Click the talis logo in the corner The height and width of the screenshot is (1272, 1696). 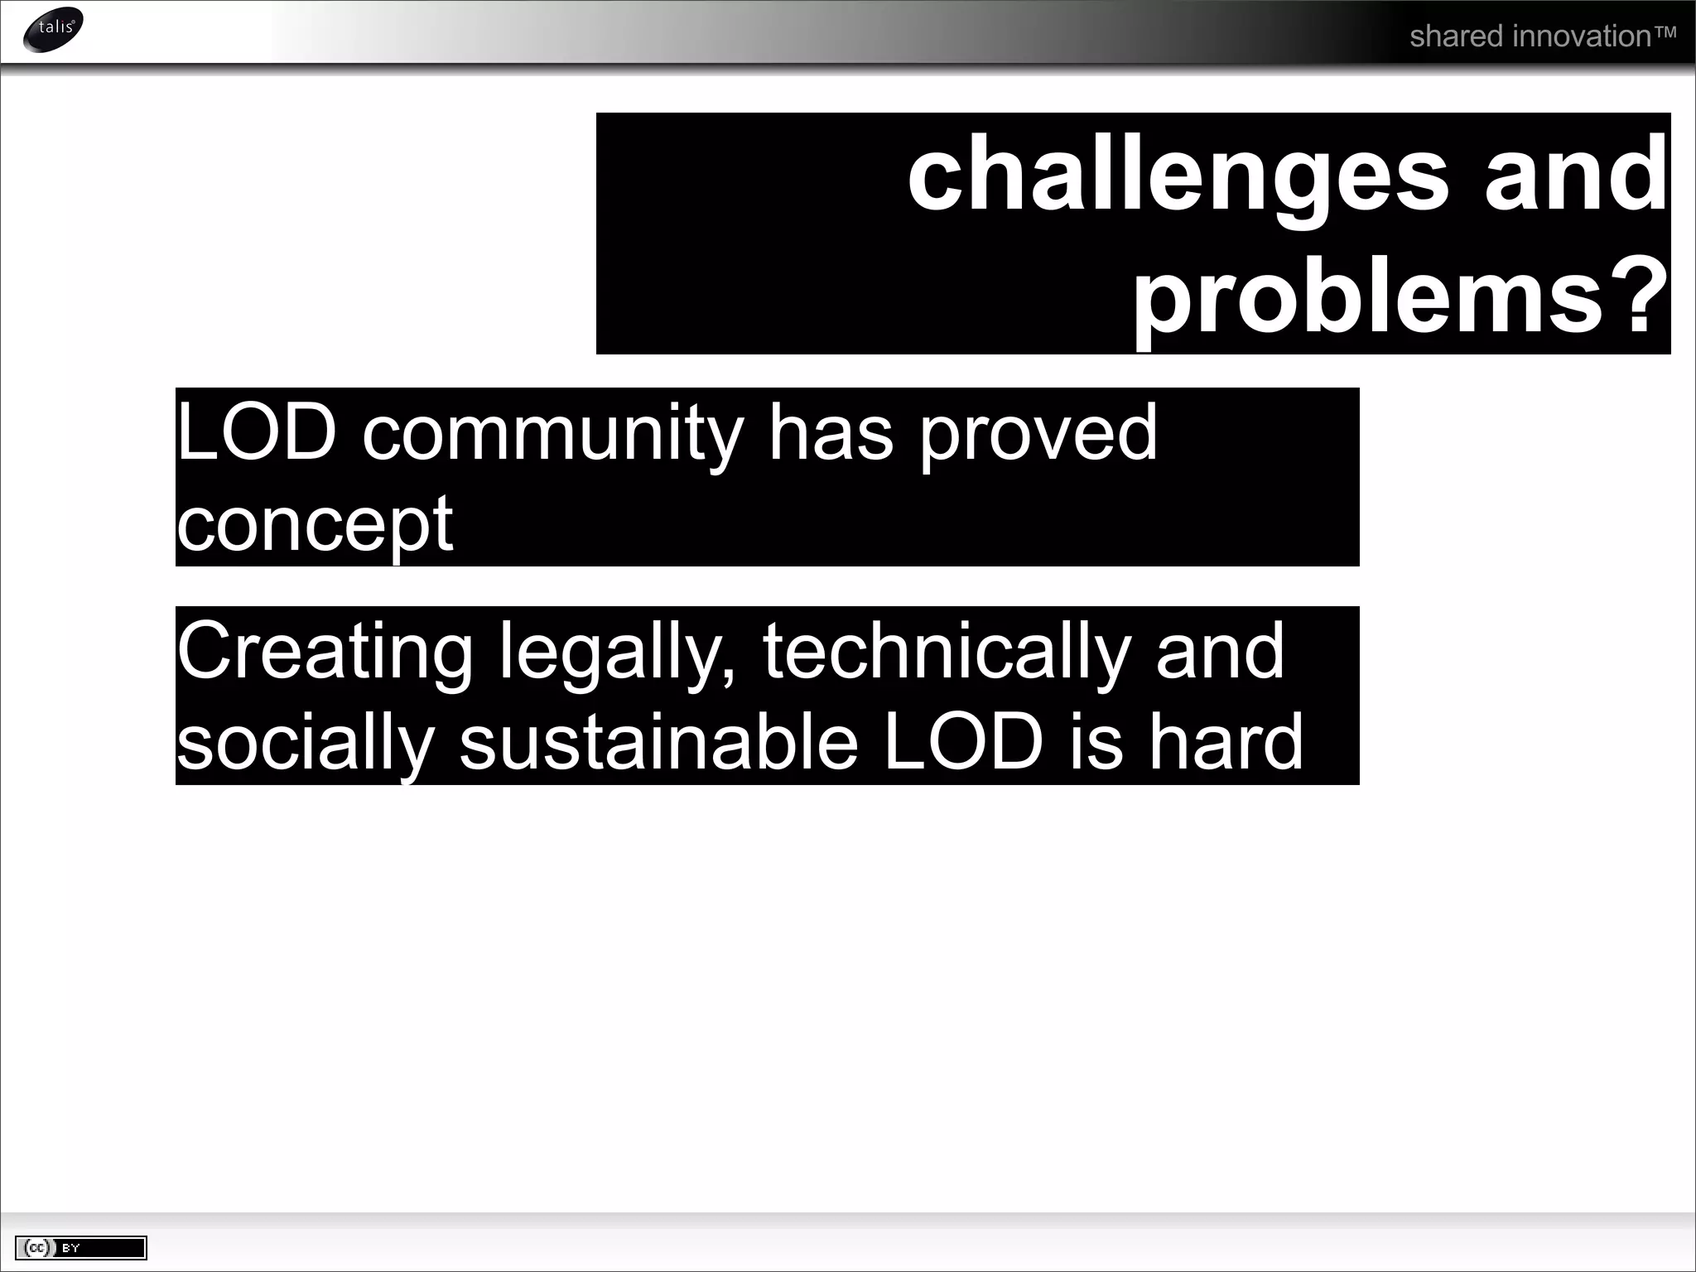[54, 30]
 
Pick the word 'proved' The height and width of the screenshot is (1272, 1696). [1038, 434]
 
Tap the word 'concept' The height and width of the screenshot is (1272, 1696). [315, 523]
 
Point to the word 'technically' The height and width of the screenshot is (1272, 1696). [947, 653]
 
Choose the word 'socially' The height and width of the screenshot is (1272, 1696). [306, 743]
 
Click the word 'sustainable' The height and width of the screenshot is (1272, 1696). [658, 743]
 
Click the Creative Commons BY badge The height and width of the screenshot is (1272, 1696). [81, 1247]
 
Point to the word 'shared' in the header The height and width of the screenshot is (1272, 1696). [1456, 36]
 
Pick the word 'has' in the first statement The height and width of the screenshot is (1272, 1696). [831, 434]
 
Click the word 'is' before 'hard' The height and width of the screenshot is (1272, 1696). [1096, 743]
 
